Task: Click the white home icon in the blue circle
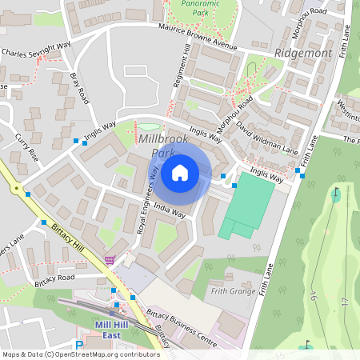tap(180, 172)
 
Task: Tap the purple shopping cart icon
tap(110, 259)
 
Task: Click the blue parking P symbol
tap(78, 346)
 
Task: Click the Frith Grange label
tap(234, 292)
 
